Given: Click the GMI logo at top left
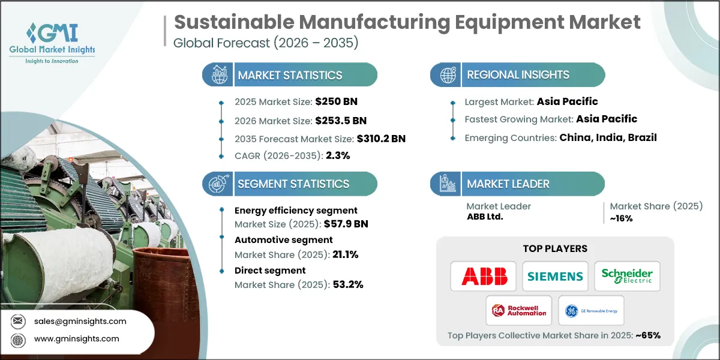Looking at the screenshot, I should click(53, 42).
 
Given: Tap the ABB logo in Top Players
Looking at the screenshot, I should click(484, 276).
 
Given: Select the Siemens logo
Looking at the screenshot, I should click(555, 276).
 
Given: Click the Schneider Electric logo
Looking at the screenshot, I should click(627, 276).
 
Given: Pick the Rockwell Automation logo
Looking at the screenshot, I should click(520, 310).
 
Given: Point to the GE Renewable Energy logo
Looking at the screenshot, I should click(591, 310).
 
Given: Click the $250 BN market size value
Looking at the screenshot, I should click(336, 101).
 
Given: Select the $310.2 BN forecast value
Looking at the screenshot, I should click(381, 139).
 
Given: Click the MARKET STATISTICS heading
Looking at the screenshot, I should click(290, 75).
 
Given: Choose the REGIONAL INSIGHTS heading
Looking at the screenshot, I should click(518, 75).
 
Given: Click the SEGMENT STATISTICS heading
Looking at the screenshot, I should click(293, 184).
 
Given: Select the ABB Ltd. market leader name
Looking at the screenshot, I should click(485, 217).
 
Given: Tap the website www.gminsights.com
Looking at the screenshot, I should click(76, 339).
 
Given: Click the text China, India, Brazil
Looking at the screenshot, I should click(608, 137).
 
